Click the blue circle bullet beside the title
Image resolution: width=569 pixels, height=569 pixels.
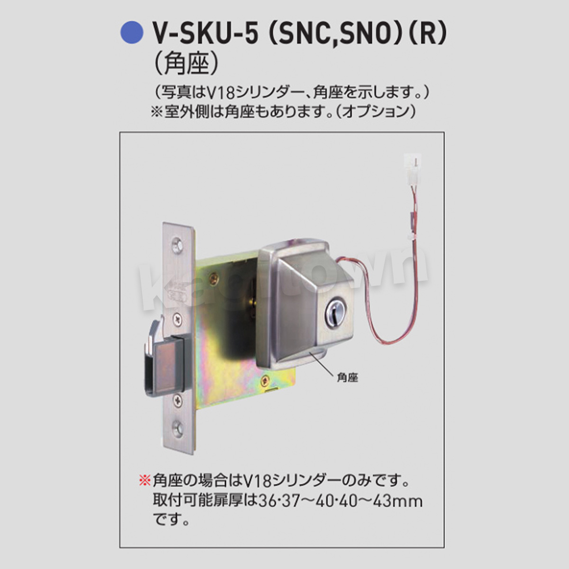click(x=132, y=33)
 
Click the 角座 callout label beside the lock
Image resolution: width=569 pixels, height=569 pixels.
click(x=347, y=378)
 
